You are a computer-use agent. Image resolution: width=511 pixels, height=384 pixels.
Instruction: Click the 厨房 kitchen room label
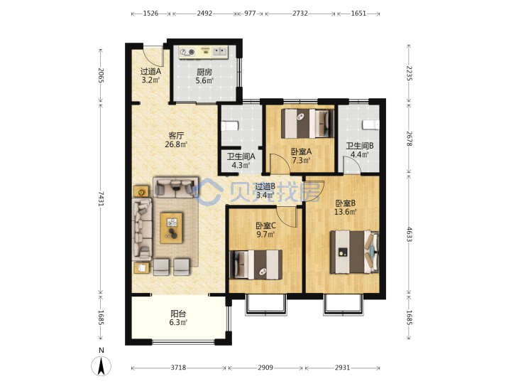pos(204,72)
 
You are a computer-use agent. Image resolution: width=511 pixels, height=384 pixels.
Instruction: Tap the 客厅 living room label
pos(176,135)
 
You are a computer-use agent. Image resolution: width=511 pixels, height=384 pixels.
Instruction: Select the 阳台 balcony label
pos(178,314)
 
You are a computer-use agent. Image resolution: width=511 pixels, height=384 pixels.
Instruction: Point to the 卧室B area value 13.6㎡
pos(346,212)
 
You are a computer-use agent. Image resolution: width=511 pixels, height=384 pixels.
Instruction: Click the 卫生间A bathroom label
pos(241,156)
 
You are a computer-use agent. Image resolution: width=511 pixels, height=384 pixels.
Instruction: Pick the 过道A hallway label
pos(150,71)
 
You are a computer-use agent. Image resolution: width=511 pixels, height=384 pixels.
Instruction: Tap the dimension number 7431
pos(101,198)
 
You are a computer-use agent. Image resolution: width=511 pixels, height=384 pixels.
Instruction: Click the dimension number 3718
pos(178,368)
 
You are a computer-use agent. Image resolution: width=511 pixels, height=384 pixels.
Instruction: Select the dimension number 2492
pos(204,14)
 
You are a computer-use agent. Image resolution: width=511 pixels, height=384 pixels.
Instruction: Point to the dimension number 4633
pos(410,234)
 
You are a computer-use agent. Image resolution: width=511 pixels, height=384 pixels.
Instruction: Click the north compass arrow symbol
pos(101,366)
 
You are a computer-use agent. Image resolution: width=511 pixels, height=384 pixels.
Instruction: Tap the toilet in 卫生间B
pos(371,124)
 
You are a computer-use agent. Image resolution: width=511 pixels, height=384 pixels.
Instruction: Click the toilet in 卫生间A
pos(230,126)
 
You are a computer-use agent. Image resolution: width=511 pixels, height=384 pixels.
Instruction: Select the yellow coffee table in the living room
pos(172,228)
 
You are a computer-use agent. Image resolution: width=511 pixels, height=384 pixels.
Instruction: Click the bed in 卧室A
pos(307,124)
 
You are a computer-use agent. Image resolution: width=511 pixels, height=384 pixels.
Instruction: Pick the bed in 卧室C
pos(256,265)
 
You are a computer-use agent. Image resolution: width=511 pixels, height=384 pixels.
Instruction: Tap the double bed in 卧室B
pos(355,252)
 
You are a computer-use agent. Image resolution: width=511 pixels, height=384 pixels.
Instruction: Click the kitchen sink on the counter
pos(220,51)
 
